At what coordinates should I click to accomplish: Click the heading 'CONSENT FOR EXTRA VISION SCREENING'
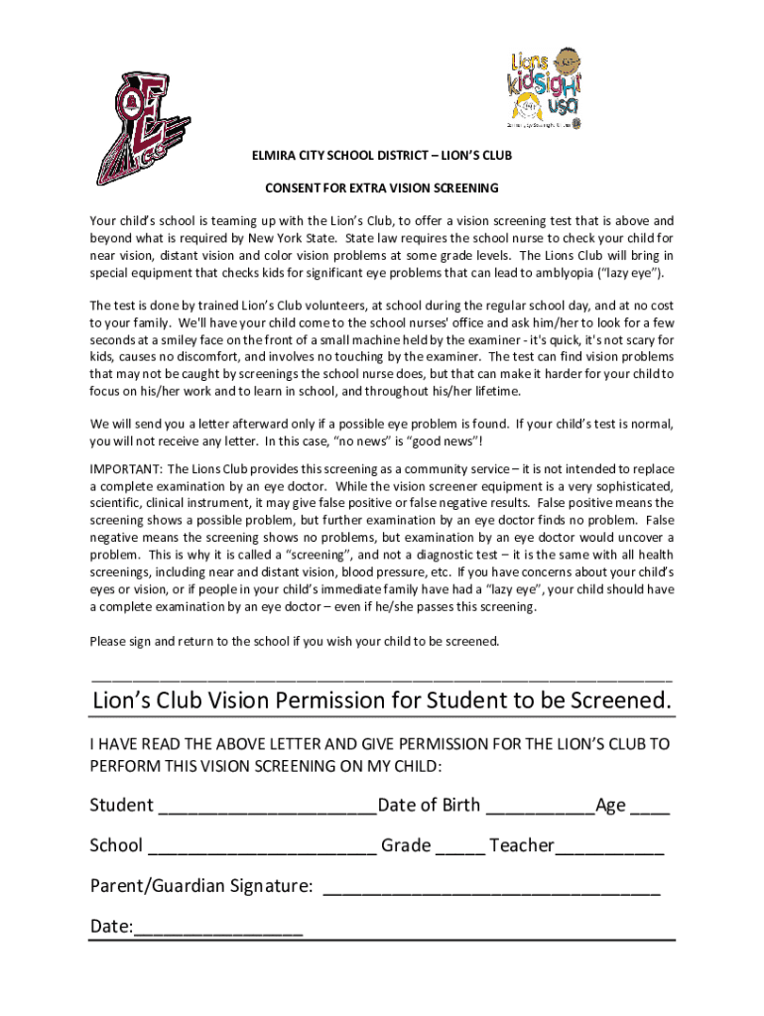(x=382, y=188)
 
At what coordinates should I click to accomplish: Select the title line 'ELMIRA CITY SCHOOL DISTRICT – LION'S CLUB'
(x=382, y=156)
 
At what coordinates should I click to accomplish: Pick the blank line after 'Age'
(x=650, y=808)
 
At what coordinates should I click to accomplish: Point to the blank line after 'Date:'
(x=218, y=930)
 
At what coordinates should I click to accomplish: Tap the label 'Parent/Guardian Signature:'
(x=202, y=885)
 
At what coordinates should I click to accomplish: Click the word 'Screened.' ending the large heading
(x=620, y=700)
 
